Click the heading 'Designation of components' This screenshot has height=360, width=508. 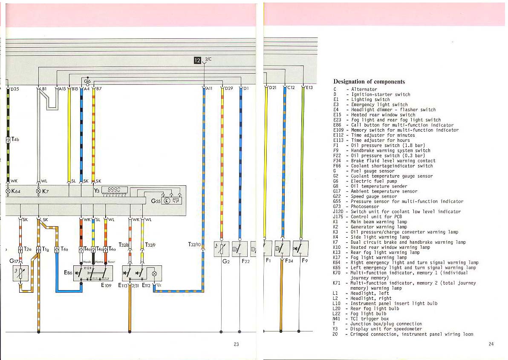coord(369,82)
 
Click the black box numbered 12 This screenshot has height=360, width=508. coord(197,60)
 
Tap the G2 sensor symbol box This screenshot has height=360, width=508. coord(222,249)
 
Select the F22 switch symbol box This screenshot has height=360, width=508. coord(240,249)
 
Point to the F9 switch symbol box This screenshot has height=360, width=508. coord(300,248)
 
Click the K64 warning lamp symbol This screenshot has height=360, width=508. coord(8,191)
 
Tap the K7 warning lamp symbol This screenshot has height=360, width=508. coord(39,191)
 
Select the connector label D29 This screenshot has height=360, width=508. coord(228,89)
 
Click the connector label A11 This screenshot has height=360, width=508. coord(209,89)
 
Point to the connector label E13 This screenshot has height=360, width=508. coord(309,88)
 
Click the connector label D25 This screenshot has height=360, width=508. coord(14,89)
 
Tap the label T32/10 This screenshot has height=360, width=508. coord(194,245)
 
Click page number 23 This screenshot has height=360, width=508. coord(236,344)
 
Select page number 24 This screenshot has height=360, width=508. coord(491,344)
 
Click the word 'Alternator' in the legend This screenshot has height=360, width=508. coord(364,89)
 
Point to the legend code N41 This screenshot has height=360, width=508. coord(335,319)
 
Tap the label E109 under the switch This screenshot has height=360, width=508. coord(106,285)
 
